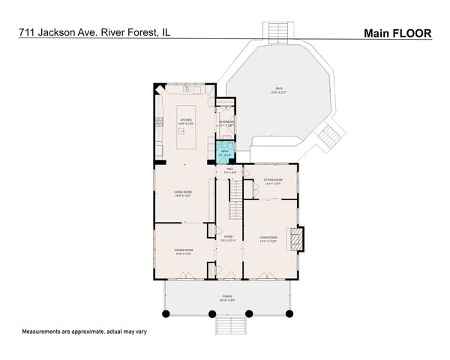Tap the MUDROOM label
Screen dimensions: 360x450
[226, 122]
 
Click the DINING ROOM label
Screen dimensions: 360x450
[184, 251]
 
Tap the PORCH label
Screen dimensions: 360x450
[226, 298]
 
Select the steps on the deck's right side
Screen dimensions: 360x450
[328, 136]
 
